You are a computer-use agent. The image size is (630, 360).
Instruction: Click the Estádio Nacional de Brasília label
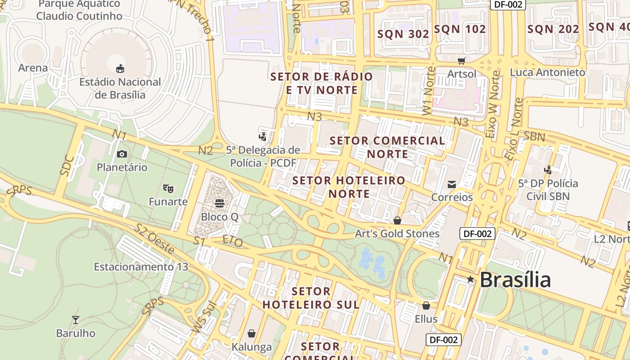point(120,88)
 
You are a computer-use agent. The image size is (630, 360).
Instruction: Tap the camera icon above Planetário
point(121,154)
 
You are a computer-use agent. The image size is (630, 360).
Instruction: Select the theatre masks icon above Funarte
point(168,188)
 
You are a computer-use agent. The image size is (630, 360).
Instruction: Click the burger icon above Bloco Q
point(220,203)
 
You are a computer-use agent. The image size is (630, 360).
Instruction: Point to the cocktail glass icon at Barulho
point(76,320)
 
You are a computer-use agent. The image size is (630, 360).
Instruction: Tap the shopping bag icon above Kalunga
point(252,333)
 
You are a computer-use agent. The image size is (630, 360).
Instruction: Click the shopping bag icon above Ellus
point(426,306)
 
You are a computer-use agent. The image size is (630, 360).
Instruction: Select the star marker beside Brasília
point(470,279)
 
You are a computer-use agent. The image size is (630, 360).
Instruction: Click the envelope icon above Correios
point(452,184)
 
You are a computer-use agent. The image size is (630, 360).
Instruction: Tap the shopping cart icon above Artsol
point(461,61)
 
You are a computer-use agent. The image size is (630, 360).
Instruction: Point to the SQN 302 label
point(403,34)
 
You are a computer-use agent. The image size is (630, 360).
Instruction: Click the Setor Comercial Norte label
point(387,147)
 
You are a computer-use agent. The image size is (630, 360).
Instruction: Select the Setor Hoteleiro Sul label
point(311,298)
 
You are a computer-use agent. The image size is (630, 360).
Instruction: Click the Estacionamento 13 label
point(141,267)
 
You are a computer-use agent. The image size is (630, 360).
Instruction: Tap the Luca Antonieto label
point(547,72)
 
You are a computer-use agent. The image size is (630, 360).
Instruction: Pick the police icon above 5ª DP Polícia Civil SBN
point(548,170)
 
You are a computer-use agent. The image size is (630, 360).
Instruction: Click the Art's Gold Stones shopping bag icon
point(397,220)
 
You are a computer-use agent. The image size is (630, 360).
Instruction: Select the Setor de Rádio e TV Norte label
point(322,83)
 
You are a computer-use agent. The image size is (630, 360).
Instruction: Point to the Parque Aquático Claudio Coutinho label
point(79,10)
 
